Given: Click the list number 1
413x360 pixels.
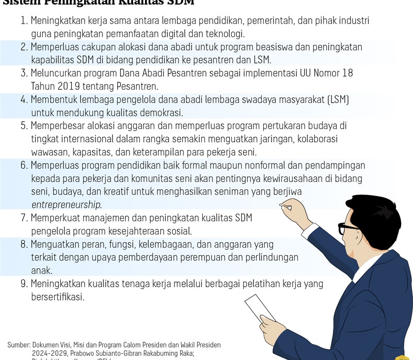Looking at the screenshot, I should (23, 22).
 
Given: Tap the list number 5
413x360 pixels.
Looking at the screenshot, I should (23, 125).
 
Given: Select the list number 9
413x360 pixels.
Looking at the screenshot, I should (23, 284).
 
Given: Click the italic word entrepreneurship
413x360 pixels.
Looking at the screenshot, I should (67, 205).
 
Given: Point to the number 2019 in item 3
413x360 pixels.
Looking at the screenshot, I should (67, 86).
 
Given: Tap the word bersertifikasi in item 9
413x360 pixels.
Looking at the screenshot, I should (57, 297).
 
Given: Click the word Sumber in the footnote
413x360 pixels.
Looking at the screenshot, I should (19, 345).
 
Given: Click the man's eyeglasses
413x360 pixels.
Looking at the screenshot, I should (349, 227).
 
